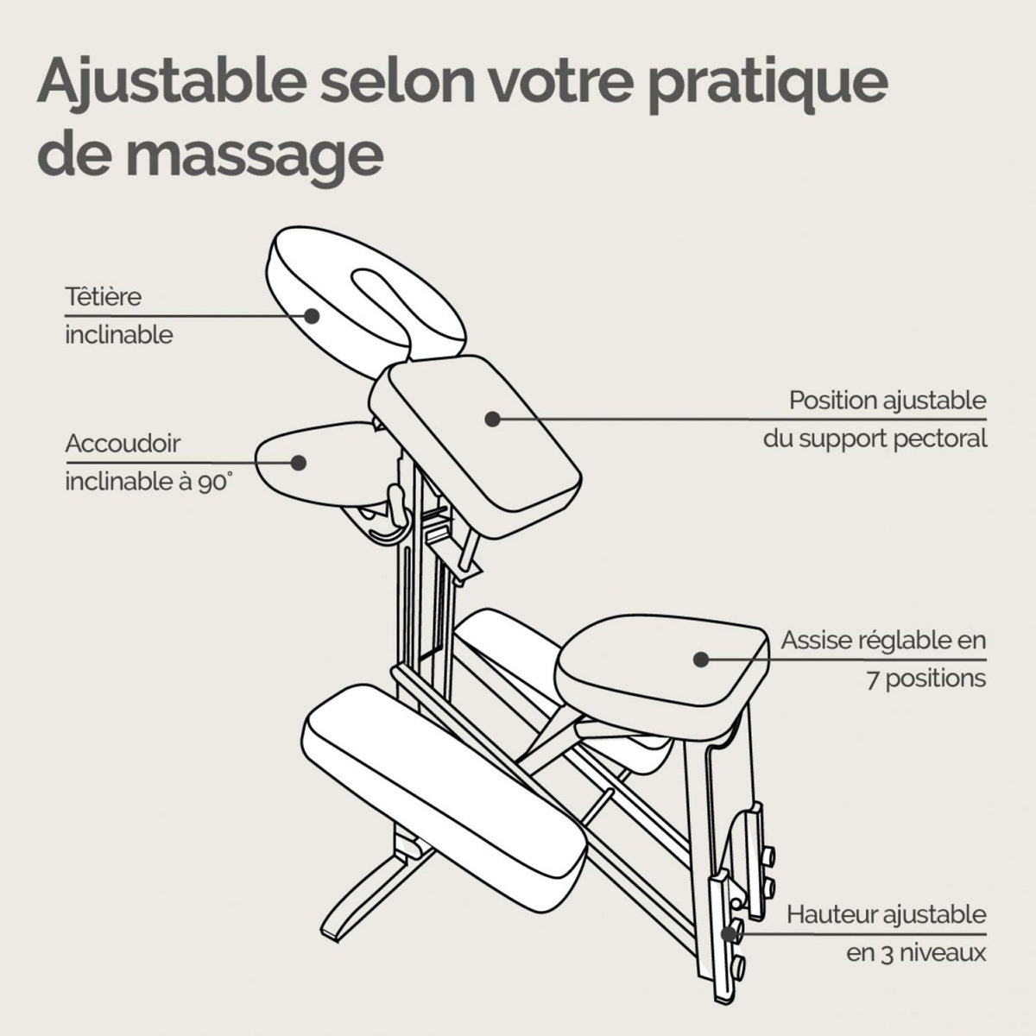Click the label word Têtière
click(x=103, y=296)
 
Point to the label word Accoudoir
click(x=123, y=444)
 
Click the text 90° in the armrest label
click(x=216, y=482)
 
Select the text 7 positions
click(x=925, y=678)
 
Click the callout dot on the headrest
click(x=312, y=316)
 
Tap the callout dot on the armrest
click(x=299, y=462)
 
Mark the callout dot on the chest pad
click(x=493, y=419)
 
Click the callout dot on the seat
click(x=701, y=659)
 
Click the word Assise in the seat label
click(x=812, y=641)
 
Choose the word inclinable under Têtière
click(x=119, y=334)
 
